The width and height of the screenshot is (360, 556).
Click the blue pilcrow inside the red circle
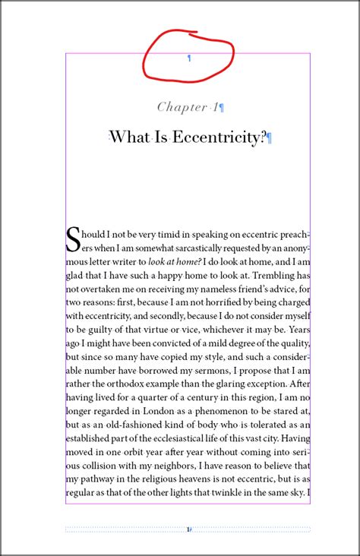189,58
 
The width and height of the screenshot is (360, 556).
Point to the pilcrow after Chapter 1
222,108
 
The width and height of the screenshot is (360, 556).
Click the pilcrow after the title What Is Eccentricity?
270,138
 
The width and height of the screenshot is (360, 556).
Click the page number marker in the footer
189,529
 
